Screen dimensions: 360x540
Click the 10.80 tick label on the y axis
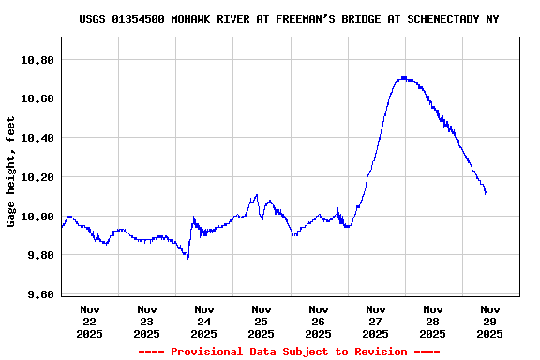[37, 59]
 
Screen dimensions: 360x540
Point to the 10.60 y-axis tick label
[37, 98]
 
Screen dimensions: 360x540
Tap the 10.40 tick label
[37, 138]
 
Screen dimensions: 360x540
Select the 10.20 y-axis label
[37, 177]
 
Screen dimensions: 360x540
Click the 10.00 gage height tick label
[37, 217]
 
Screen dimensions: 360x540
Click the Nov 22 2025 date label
[90, 321]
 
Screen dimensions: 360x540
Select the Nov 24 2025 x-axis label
[204, 321]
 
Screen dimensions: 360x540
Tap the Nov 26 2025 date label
[319, 321]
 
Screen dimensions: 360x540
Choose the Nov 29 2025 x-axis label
[489, 321]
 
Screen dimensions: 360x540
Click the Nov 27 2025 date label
[376, 321]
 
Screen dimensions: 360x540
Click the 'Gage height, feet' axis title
[11, 172]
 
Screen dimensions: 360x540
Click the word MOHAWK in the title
[192, 19]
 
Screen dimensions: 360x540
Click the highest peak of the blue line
[403, 77]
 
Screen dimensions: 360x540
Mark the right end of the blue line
[487, 195]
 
